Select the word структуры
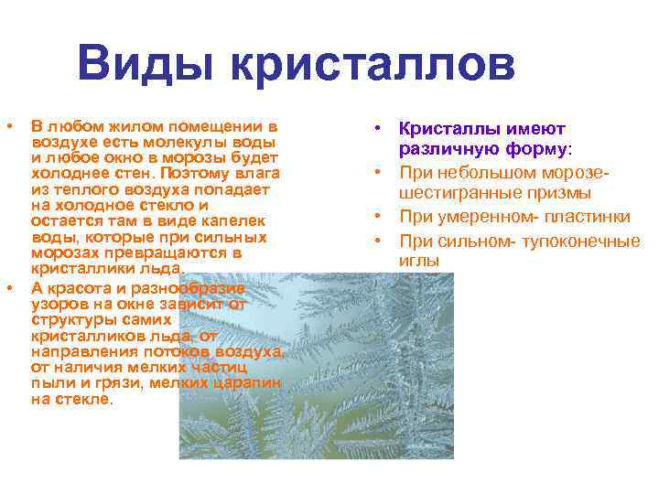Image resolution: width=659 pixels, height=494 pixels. tap(70, 320)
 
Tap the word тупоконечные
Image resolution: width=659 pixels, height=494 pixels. tap(576, 241)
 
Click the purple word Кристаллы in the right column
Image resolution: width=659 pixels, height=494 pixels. tap(443, 129)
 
